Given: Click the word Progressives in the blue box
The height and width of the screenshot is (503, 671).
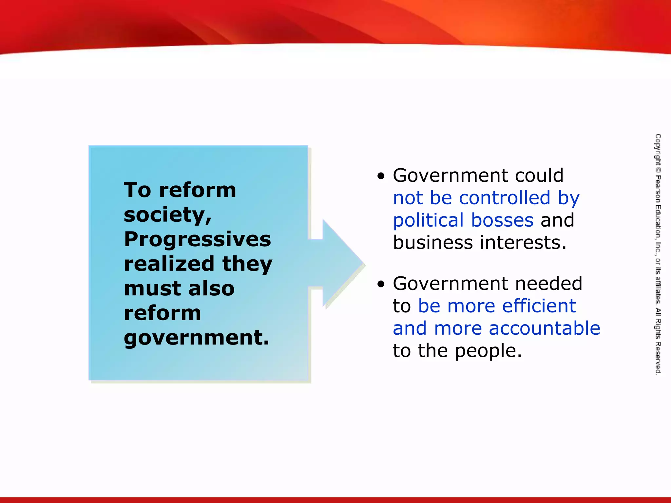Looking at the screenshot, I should [198, 240].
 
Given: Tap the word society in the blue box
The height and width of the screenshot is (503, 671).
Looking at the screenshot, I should [167, 215].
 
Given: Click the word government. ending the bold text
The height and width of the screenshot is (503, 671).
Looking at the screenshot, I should [197, 338].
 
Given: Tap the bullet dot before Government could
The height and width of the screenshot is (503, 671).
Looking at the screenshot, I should [381, 177].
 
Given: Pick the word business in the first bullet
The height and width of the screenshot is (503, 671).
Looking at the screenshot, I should [433, 243].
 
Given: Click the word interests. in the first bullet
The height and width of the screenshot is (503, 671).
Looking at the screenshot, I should [523, 243].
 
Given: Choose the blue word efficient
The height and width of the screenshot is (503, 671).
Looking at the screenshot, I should [539, 306].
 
